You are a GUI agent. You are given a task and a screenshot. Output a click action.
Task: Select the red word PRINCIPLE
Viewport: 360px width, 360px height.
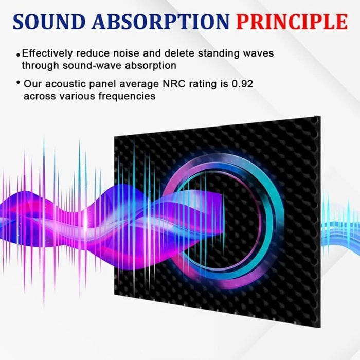pos(292,22)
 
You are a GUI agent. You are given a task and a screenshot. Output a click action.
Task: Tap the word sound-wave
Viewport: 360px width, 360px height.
pos(102,65)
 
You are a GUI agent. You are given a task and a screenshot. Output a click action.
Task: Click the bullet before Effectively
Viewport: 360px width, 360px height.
pos(19,55)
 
